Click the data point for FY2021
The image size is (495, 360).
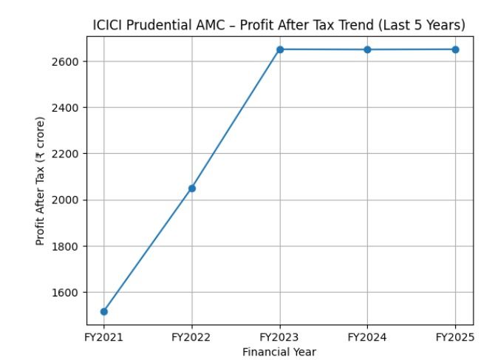103,311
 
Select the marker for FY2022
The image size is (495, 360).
192,188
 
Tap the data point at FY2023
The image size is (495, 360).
280,50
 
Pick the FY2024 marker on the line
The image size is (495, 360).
367,50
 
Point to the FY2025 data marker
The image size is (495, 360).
455,50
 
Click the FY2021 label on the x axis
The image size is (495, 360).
103,337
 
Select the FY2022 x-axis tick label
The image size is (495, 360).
192,337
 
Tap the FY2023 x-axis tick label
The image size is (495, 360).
280,337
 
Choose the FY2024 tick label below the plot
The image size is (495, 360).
367,337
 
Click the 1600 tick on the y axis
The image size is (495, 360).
71,293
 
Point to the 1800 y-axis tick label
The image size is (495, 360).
71,246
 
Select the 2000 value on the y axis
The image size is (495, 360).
71,200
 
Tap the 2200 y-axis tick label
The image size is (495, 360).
71,154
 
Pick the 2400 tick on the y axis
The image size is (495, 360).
71,108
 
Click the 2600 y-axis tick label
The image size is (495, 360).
71,61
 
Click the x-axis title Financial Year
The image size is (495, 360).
279,351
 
